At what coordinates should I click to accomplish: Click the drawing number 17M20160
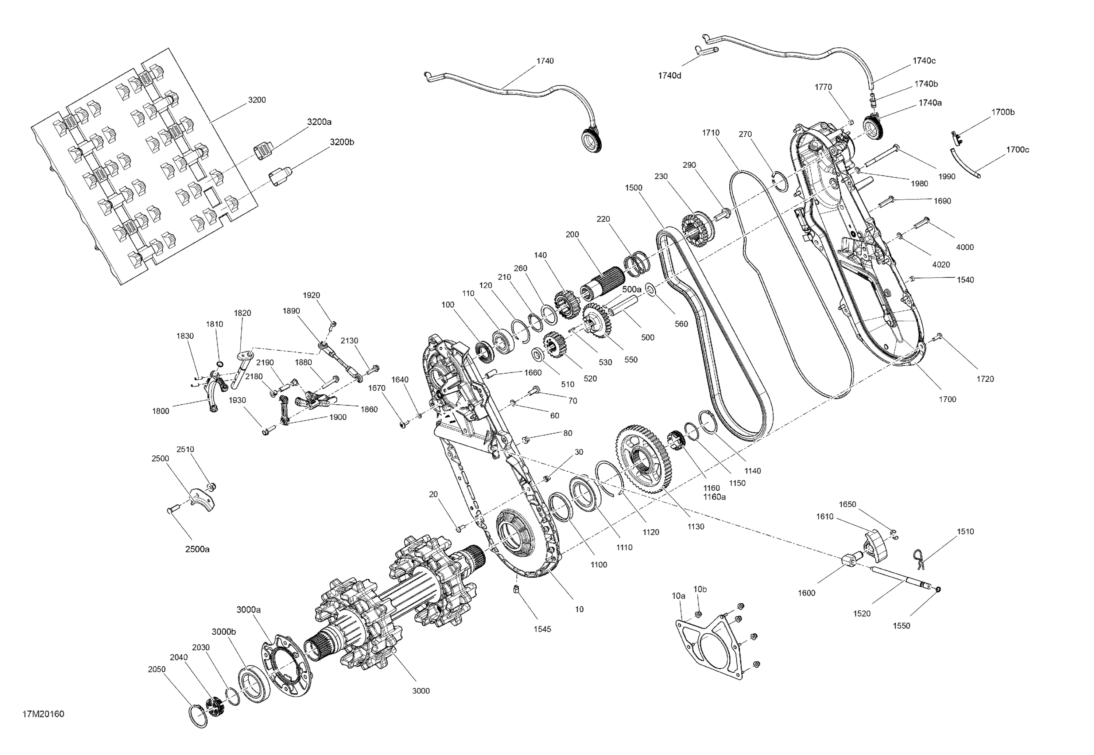tap(43, 714)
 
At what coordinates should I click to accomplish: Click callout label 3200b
tap(342, 142)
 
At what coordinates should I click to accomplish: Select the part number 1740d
tap(670, 75)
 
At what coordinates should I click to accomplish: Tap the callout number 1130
tap(695, 526)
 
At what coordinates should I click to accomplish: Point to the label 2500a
tap(197, 549)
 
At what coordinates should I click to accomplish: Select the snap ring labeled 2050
tap(199, 716)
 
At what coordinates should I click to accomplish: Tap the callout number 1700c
tap(1017, 149)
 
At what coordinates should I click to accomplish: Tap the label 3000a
tap(248, 610)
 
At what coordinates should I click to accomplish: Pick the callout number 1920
tap(311, 295)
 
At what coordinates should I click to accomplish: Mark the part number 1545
tap(542, 629)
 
